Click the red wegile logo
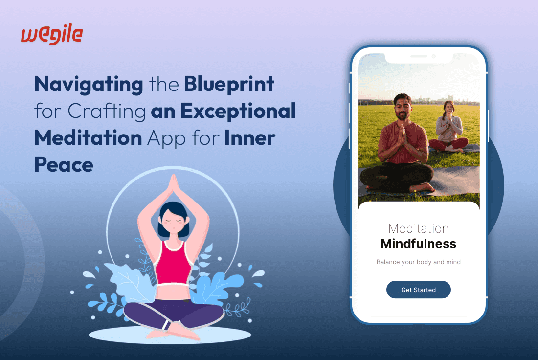coord(52,36)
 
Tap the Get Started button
coord(418,290)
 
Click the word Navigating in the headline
coord(89,85)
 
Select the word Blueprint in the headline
coord(229,85)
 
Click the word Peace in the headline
coord(64,164)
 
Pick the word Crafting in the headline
coord(107,112)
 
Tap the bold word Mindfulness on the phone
coord(418,244)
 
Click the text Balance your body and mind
coord(418,262)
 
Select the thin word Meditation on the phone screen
coord(418,228)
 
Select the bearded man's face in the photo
coord(402,108)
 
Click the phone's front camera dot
coord(433,57)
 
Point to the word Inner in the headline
coord(249,138)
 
